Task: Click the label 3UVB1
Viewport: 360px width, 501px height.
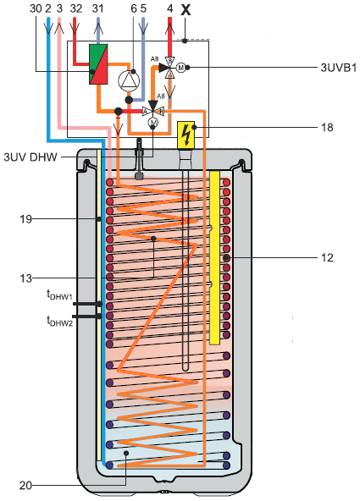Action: pyautogui.click(x=338, y=68)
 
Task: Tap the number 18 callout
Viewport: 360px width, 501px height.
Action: pyautogui.click(x=327, y=128)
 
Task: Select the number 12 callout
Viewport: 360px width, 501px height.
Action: pyautogui.click(x=327, y=258)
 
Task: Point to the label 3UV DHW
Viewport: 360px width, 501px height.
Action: pyautogui.click(x=30, y=157)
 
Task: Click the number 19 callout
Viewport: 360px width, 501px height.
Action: pyautogui.click(x=26, y=219)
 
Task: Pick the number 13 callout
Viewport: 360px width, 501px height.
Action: pyautogui.click(x=26, y=278)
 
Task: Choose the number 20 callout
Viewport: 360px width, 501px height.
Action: pyautogui.click(x=26, y=486)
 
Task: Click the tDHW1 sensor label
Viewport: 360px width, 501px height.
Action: pyautogui.click(x=60, y=295)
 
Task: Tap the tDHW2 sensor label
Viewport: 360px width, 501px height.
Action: pyautogui.click(x=60, y=321)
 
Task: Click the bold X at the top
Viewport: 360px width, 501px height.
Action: pyautogui.click(x=186, y=9)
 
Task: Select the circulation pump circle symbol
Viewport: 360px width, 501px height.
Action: pyautogui.click(x=129, y=80)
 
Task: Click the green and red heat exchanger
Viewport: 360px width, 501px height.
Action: pyautogui.click(x=98, y=64)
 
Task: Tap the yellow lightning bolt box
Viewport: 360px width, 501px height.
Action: pyautogui.click(x=186, y=135)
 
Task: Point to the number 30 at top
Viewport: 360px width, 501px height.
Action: pyautogui.click(x=36, y=8)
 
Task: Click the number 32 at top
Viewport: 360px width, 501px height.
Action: pyautogui.click(x=76, y=8)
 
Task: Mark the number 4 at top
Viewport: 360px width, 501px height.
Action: pyautogui.click(x=169, y=8)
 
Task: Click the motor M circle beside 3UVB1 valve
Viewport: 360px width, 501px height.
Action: pyautogui.click(x=181, y=68)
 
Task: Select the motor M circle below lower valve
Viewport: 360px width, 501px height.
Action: pyautogui.click(x=153, y=123)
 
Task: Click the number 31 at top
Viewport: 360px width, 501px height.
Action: pyautogui.click(x=97, y=8)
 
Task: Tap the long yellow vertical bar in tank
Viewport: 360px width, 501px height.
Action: pyautogui.click(x=214, y=257)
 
